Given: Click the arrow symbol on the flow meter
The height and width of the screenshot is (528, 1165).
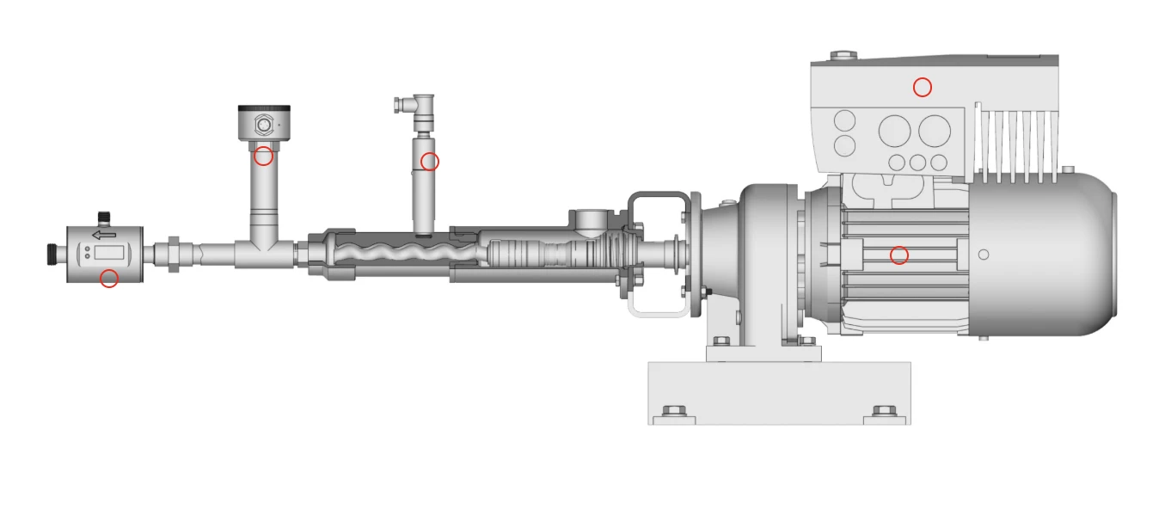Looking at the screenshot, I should (104, 235).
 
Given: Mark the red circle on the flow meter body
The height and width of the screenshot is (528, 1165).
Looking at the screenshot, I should (109, 279).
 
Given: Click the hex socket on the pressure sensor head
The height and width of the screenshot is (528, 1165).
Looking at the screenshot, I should (263, 126).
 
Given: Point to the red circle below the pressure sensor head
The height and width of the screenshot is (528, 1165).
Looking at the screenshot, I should (263, 157).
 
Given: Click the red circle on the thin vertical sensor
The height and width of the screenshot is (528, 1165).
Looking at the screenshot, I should (430, 162).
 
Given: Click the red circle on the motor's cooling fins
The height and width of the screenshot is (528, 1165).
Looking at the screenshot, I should (898, 255).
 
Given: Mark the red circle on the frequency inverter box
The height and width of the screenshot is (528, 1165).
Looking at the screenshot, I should (922, 87).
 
